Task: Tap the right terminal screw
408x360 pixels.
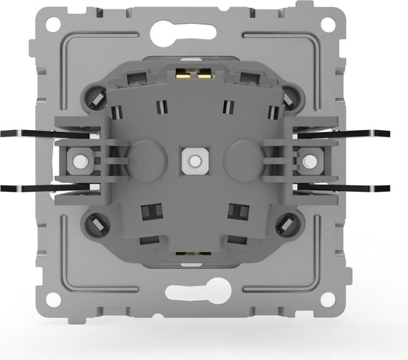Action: (x=310, y=161)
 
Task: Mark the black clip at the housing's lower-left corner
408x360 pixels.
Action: (x=97, y=222)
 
